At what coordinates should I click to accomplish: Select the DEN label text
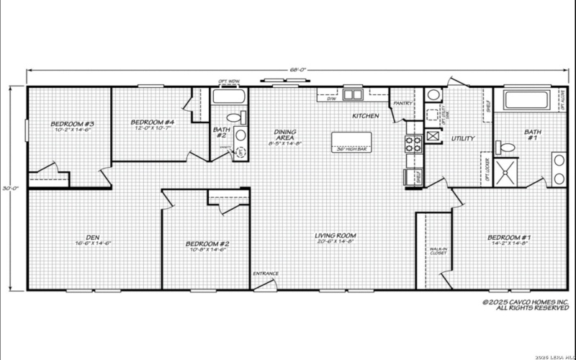[x=88, y=238]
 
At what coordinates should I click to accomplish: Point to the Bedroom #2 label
[x=208, y=246]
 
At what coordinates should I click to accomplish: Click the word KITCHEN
[x=365, y=115]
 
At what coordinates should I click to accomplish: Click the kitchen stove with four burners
[x=413, y=142]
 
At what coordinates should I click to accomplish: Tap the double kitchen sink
[x=353, y=94]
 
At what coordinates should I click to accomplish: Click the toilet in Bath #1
[x=508, y=147]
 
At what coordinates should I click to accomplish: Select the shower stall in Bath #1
[x=506, y=171]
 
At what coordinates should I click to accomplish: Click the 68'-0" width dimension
[x=298, y=70]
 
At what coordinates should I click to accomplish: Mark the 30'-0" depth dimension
[x=9, y=189]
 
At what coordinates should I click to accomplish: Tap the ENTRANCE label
[x=264, y=274]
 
